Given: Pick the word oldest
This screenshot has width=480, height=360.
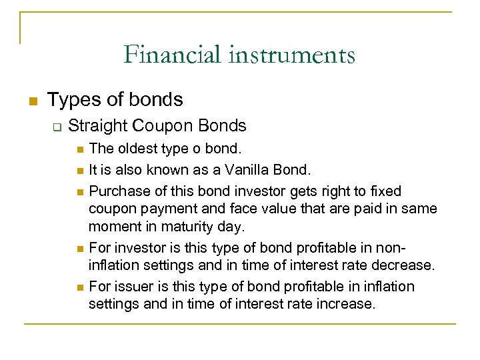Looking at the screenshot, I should coord(139,148).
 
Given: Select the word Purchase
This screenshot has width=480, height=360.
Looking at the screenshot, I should coord(117,191).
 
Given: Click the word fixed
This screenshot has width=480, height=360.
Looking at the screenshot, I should coord(387,191).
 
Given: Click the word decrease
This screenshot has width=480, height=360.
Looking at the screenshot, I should coord(406,265).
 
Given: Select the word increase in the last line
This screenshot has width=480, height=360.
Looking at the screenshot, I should coord(347,304).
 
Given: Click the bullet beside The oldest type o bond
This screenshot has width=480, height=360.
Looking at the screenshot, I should coord(80,149).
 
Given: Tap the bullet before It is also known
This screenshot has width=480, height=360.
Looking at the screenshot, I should coord(80,170).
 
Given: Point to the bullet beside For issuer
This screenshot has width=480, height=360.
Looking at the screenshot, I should coord(80,287).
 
